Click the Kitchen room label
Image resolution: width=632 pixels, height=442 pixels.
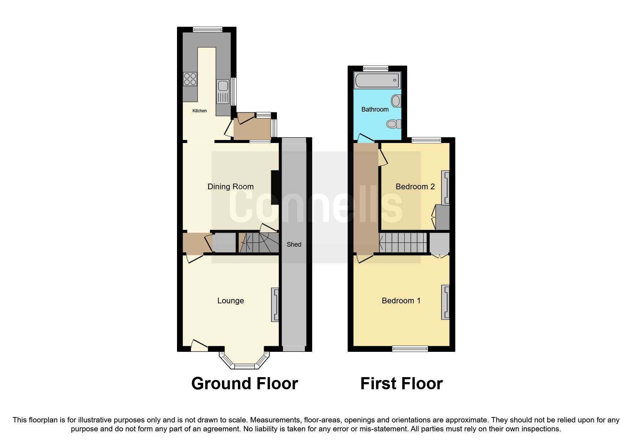click(199, 111)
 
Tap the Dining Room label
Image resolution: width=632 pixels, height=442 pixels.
click(231, 186)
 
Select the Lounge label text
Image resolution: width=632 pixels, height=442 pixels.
click(231, 300)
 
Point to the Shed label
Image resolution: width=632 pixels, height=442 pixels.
click(294, 244)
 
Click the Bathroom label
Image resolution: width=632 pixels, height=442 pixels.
click(375, 109)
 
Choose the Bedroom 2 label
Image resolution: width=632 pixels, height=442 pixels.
click(415, 186)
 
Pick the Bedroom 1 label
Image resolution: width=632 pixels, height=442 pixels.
click(401, 300)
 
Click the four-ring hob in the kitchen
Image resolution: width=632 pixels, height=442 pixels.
click(190, 79)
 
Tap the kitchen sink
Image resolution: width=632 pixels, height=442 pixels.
click(223, 87)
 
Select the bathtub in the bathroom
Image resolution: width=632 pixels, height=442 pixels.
click(377, 80)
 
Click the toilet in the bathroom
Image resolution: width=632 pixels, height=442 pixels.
click(393, 124)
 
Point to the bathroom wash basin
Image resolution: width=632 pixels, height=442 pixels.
click(395, 101)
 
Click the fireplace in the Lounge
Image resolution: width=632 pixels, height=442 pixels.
click(275, 304)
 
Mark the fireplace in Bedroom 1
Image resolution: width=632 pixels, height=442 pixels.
click(446, 302)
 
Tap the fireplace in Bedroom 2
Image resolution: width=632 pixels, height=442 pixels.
click(446, 187)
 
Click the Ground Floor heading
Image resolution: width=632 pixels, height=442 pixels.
click(244, 384)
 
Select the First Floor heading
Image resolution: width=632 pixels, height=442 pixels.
click(401, 384)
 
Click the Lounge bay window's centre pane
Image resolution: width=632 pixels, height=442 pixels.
click(244, 366)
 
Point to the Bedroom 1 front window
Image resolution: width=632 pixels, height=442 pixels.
click(410, 349)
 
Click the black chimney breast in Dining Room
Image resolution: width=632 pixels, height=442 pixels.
click(275, 187)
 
